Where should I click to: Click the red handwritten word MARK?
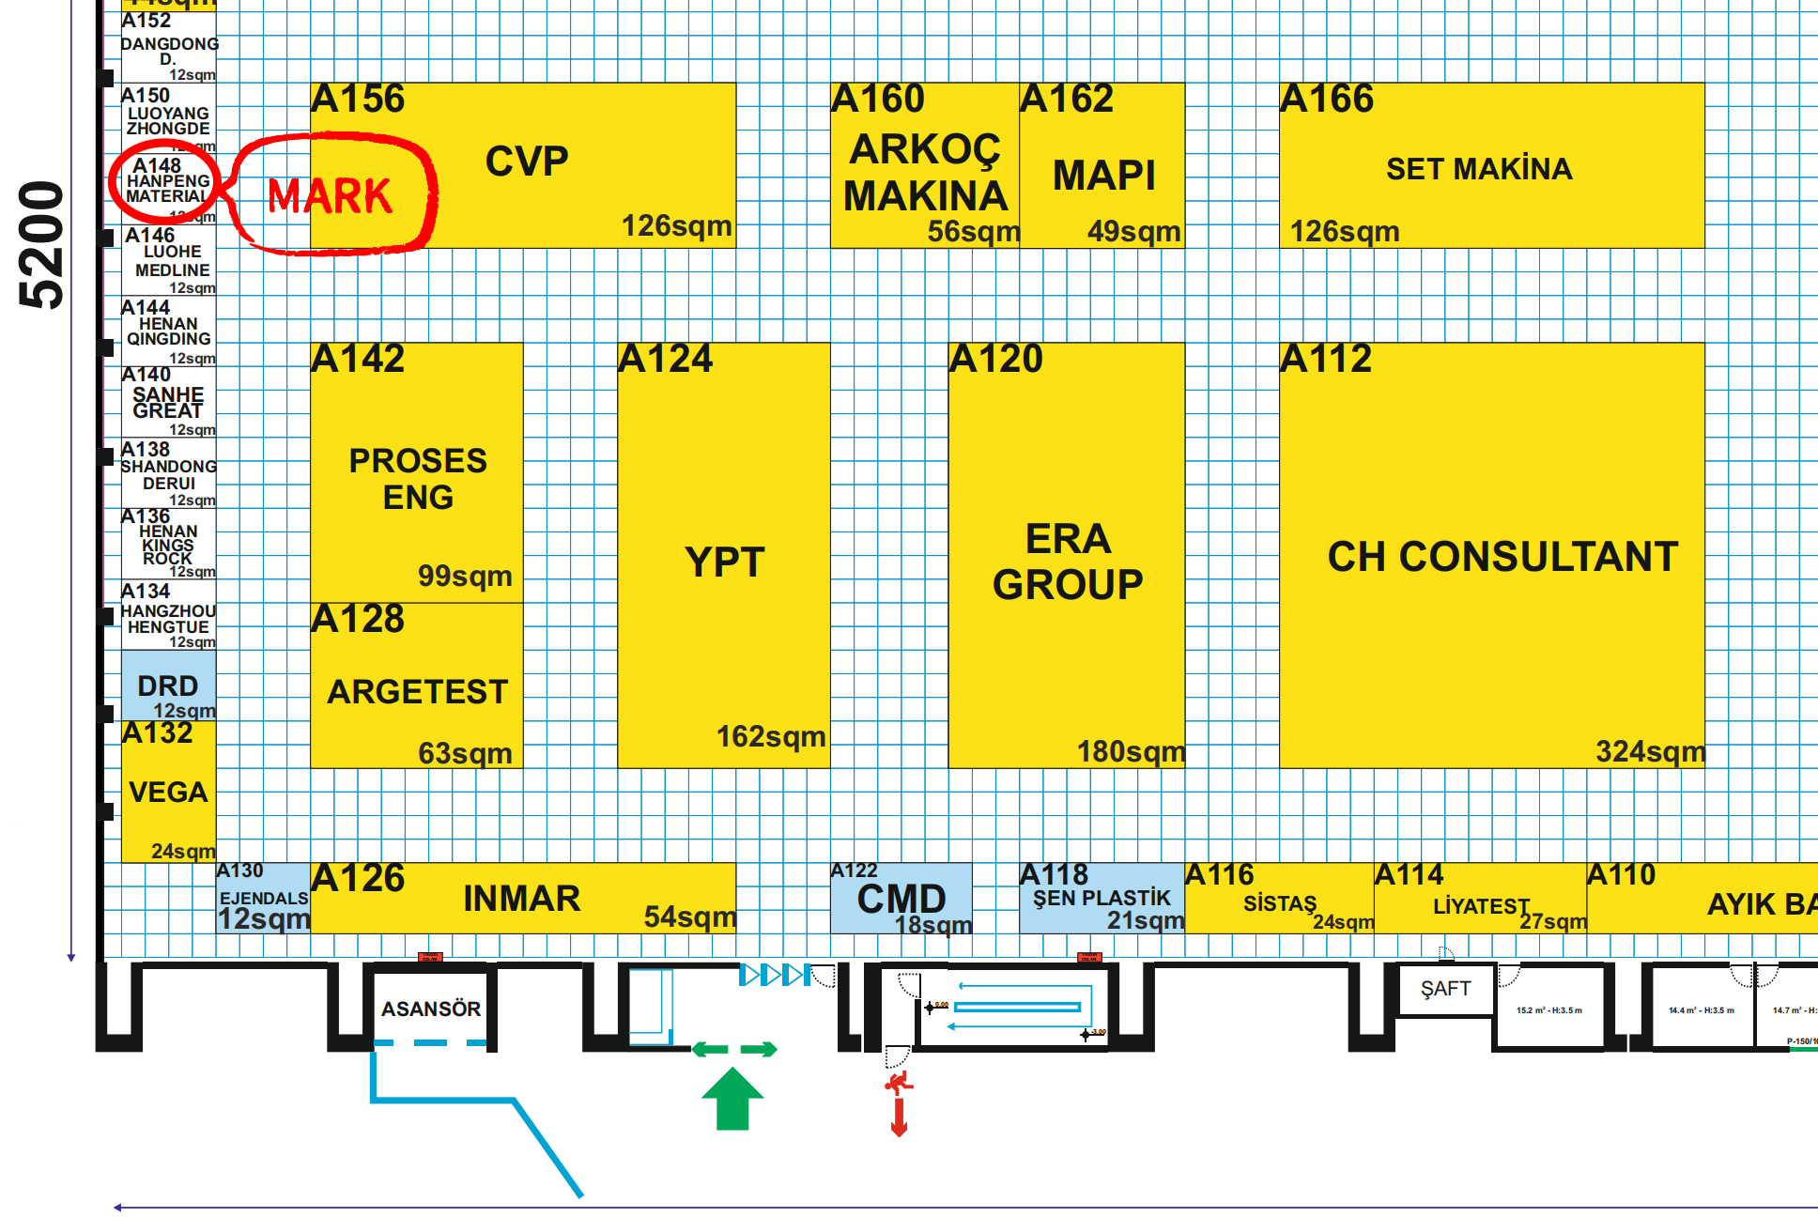tap(330, 195)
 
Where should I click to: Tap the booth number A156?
tap(358, 99)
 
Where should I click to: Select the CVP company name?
tap(527, 162)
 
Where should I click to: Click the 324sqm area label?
tap(1650, 751)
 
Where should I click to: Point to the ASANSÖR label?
tap(431, 1009)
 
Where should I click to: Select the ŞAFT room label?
tap(1445, 988)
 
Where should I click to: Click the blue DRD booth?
tap(168, 686)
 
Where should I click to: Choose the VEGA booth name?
tap(168, 792)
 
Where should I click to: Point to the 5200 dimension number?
tap(42, 244)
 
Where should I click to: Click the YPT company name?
tap(724, 562)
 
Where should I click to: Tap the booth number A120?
tap(995, 358)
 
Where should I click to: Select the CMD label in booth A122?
tap(901, 899)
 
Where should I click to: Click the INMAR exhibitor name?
tap(522, 899)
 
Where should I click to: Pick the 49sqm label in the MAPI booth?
tap(1133, 231)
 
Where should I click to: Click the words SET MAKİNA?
tap(1479, 169)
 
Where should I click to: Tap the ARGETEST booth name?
tap(418, 692)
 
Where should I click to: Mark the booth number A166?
tap(1327, 99)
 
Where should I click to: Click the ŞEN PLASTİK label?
tap(1102, 899)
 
